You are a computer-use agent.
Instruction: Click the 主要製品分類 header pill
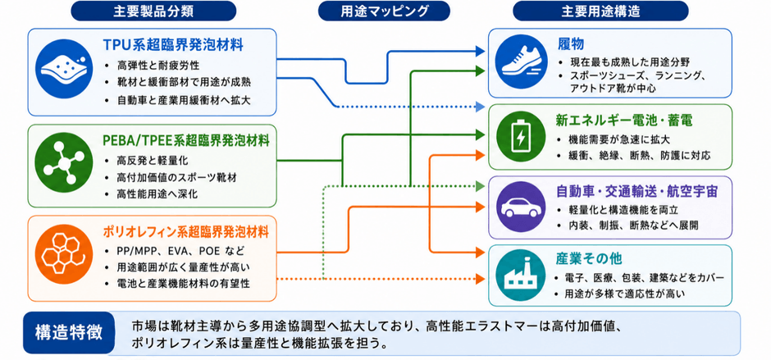click(153, 11)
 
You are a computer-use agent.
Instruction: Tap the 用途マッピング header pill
click(384, 11)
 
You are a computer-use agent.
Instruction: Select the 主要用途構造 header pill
click(600, 11)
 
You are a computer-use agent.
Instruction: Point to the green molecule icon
click(65, 162)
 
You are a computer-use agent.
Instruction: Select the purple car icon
click(521, 207)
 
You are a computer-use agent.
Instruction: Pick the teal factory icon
click(521, 276)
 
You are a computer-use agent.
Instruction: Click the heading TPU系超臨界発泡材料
click(174, 45)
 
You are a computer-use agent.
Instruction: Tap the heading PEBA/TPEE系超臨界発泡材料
click(186, 141)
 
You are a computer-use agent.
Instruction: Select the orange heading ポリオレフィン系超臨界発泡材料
click(186, 230)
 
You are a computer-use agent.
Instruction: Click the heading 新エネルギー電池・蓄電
click(618, 120)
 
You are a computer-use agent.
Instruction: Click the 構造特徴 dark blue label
click(70, 332)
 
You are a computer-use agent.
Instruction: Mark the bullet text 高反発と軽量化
click(152, 161)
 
